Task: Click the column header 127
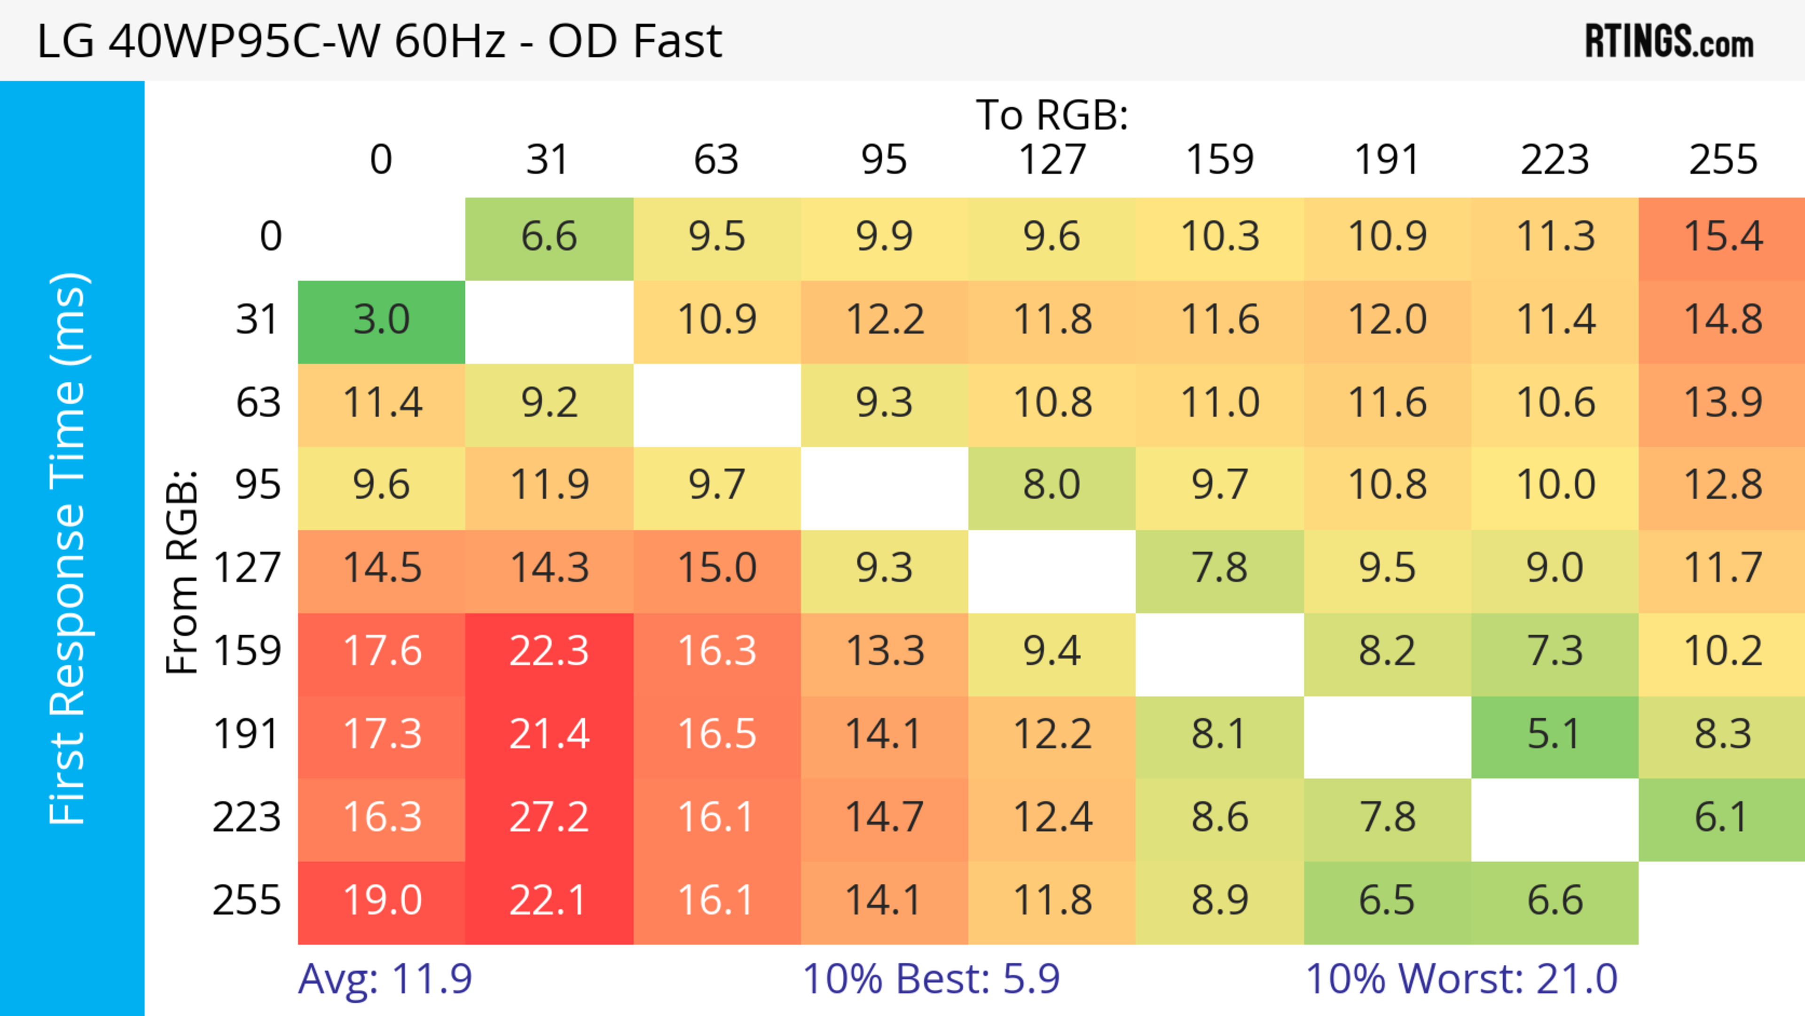pyautogui.click(x=1052, y=160)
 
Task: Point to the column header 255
pyautogui.click(x=1722, y=160)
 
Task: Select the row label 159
pyautogui.click(x=247, y=652)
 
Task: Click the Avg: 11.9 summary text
pyautogui.click(x=385, y=979)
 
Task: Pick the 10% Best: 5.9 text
pyautogui.click(x=931, y=979)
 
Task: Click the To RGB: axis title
pyautogui.click(x=1052, y=115)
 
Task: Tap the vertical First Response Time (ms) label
pyautogui.click(x=69, y=548)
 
